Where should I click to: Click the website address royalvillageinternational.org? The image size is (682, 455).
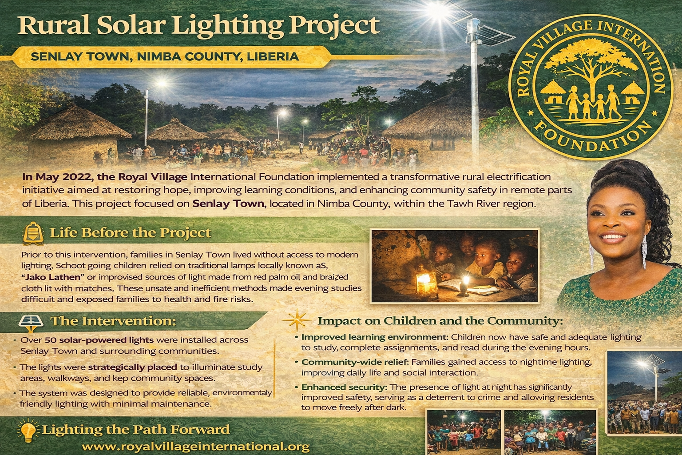pos(196,447)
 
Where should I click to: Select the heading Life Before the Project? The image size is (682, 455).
pos(131,233)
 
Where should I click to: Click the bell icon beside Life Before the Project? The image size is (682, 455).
pos(33,232)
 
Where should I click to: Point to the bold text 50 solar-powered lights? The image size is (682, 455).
pos(99,340)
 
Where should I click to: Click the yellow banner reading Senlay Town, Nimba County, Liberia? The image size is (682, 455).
pos(165,57)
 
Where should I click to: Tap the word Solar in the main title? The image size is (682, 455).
pos(129,26)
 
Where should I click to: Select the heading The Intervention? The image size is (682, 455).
pos(113,321)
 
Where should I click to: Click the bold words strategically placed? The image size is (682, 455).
pos(132,367)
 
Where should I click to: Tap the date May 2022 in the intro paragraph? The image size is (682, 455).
pos(58,176)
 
